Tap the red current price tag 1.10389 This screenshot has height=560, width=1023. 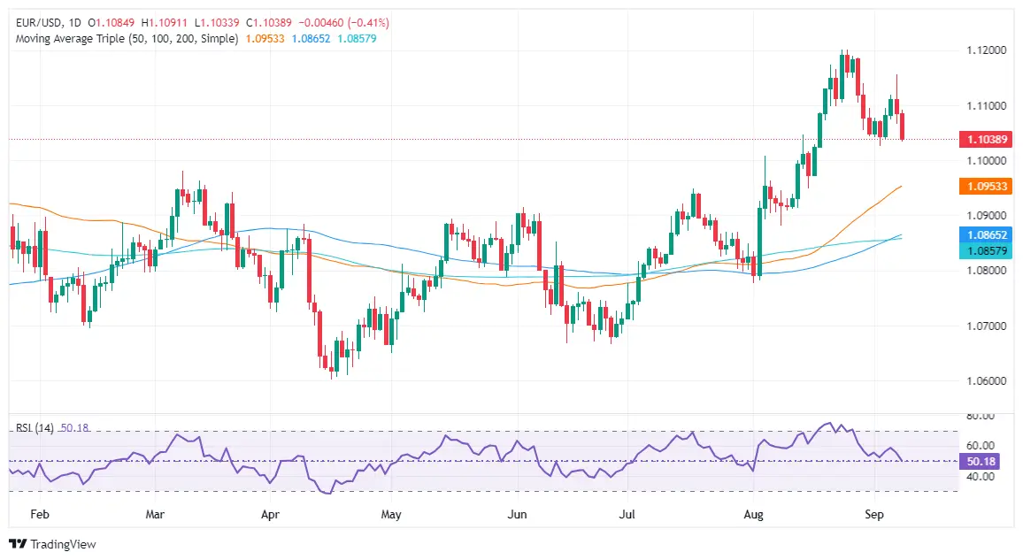click(984, 140)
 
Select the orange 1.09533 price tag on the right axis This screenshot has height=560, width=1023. click(984, 187)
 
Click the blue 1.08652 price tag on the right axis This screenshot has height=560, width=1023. click(984, 235)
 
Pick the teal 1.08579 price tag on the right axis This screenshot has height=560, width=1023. click(984, 252)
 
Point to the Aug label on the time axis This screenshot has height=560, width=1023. click(753, 512)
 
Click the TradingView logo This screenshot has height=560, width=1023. click(53, 544)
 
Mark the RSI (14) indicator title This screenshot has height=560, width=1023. click(35, 428)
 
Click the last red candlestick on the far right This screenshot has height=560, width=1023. click(903, 126)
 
